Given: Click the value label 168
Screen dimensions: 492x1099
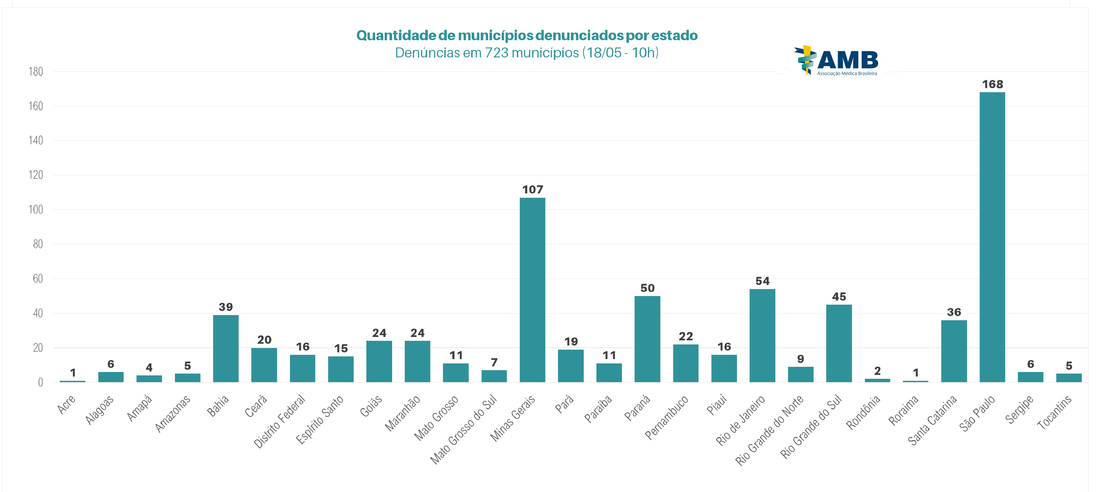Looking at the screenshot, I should [x=992, y=85].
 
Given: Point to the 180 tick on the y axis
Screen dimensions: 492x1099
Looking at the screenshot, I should [x=36, y=72].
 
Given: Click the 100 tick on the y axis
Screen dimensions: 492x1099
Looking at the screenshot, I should [x=36, y=210].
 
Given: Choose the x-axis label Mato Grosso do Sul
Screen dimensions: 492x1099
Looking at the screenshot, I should [x=463, y=429].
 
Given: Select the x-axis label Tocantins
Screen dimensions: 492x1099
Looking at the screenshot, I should [x=1054, y=412].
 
